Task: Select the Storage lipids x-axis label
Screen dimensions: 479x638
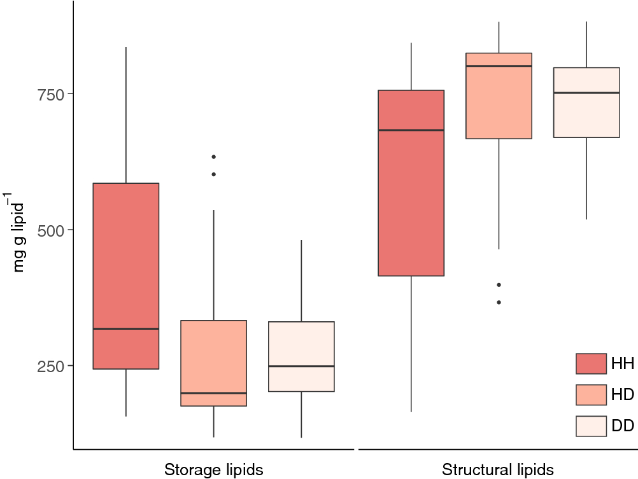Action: click(213, 470)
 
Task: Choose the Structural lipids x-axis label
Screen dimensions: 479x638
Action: click(498, 470)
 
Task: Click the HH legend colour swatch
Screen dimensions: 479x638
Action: click(591, 364)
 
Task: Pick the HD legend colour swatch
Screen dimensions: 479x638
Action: click(591, 394)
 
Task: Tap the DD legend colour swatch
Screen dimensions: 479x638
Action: click(591, 426)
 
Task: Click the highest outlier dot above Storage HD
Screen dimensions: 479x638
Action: click(214, 156)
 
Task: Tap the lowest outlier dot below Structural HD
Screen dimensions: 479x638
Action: click(499, 302)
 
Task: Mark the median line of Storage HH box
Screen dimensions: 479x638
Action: click(126, 329)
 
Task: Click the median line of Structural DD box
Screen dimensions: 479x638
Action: click(586, 93)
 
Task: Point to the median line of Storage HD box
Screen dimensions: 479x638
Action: click(213, 393)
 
